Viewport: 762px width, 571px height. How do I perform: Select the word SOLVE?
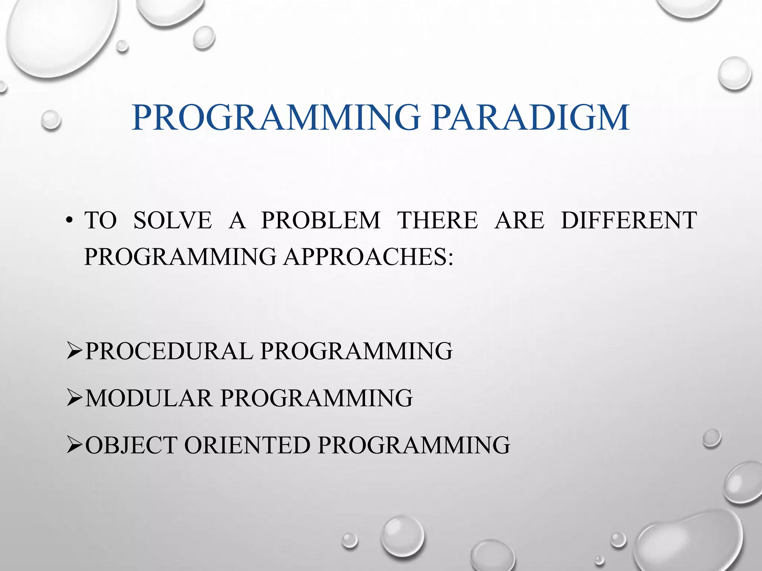[x=173, y=220]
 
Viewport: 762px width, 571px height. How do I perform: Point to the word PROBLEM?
[x=321, y=220]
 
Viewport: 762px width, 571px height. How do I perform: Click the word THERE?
[x=438, y=220]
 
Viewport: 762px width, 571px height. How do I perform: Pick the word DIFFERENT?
[x=629, y=220]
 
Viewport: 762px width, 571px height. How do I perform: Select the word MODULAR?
[x=149, y=398]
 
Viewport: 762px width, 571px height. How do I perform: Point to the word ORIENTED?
[x=247, y=445]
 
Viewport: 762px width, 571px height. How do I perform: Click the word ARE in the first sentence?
[x=519, y=220]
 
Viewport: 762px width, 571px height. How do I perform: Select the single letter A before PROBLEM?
[x=237, y=220]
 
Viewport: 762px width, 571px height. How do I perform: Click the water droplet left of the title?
[x=51, y=120]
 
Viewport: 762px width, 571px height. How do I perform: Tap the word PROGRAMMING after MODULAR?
[x=317, y=398]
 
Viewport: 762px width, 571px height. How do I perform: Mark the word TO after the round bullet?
[x=100, y=220]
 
